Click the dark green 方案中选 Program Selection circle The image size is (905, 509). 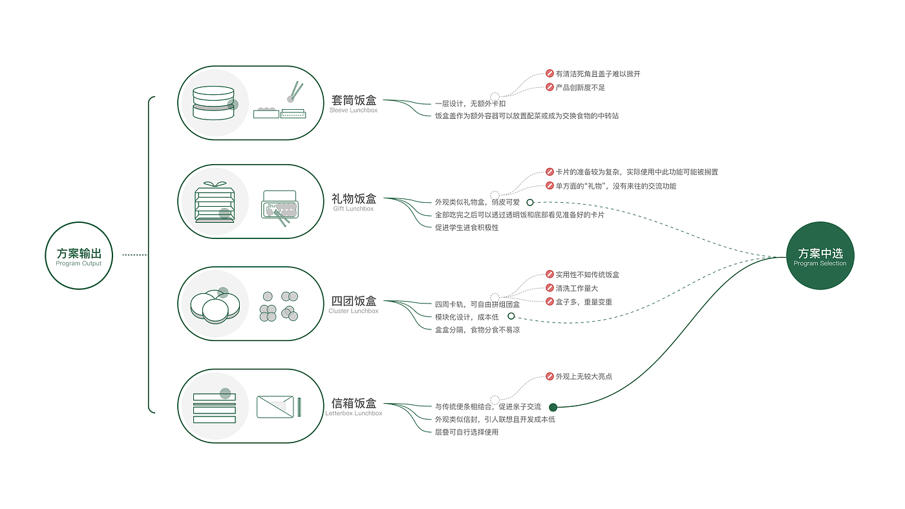point(820,256)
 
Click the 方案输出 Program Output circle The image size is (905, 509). point(79,256)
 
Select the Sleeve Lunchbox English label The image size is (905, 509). point(354,110)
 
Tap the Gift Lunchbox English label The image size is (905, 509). point(354,209)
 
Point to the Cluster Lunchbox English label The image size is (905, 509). point(354,311)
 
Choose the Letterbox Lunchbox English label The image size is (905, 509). point(354,413)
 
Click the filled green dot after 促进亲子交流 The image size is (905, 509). point(553,407)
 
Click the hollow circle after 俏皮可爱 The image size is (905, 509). point(530,202)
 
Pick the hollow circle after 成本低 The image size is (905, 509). point(511,316)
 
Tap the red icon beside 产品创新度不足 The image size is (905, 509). point(549,87)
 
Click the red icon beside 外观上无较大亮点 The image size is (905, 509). point(549,376)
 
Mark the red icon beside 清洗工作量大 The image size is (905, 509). point(549,288)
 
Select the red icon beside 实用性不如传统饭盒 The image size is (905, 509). point(549,274)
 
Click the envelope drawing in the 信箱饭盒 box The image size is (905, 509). point(275,407)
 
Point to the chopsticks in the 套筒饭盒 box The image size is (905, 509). point(297,90)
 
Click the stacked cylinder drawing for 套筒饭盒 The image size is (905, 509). point(213,103)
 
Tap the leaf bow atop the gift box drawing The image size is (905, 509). point(215,185)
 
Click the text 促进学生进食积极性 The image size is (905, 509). point(467,227)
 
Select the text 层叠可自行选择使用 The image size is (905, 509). point(467,432)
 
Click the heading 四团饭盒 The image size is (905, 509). point(354,301)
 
